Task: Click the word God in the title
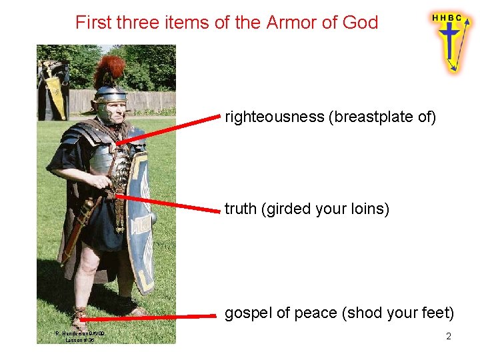(360, 23)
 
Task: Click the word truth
(241, 209)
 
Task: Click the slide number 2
(449, 337)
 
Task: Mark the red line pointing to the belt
(167, 203)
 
